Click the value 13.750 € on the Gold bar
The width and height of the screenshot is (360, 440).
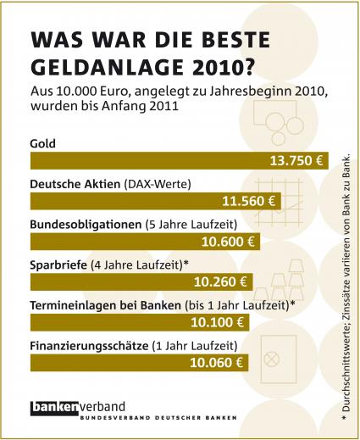(296, 161)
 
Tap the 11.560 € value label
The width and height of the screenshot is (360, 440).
(249, 201)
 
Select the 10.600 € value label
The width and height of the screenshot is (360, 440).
(228, 242)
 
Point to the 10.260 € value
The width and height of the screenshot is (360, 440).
(220, 282)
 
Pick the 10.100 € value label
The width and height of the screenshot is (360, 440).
(218, 322)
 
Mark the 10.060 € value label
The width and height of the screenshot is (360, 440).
(217, 363)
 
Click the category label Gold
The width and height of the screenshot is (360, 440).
(43, 143)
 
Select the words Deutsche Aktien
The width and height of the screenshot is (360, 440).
(75, 184)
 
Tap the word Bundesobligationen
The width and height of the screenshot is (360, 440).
(86, 225)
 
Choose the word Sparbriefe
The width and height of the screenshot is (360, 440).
(58, 265)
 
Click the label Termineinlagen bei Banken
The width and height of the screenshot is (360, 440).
(105, 305)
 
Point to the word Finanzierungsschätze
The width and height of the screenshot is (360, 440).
(89, 346)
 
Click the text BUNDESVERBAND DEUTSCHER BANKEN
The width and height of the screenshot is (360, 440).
(158, 418)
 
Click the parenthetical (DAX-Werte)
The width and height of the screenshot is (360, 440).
(158, 185)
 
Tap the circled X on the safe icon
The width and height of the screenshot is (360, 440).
(272, 359)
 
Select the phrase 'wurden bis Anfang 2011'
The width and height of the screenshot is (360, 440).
(104, 107)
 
